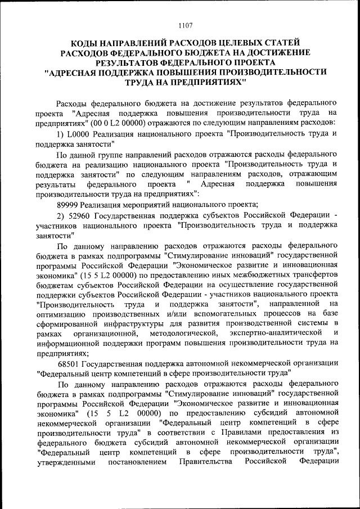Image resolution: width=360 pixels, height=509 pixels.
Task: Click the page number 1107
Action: pyautogui.click(x=185, y=25)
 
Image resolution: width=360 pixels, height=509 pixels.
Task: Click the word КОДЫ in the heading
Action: pyautogui.click(x=84, y=43)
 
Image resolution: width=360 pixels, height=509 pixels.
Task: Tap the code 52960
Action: pyautogui.click(x=81, y=215)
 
